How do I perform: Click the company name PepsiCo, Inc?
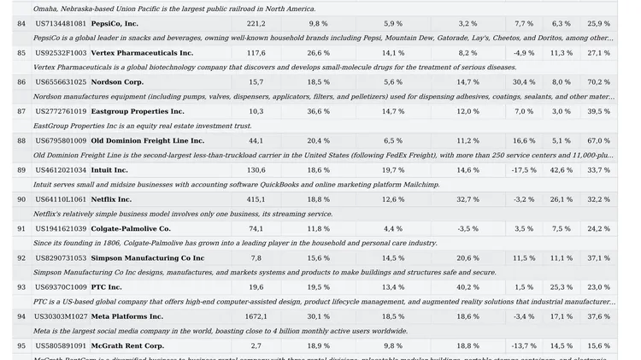tap(115, 24)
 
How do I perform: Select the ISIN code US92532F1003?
tap(61, 53)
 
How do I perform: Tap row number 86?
tap(21, 82)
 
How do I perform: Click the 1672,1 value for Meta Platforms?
tap(256, 316)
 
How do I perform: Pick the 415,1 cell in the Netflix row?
tap(256, 199)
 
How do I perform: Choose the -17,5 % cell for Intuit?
tap(524, 170)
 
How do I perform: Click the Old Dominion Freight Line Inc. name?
tap(147, 141)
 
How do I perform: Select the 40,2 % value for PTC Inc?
tap(468, 287)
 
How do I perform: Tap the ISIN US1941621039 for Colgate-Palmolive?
tap(61, 229)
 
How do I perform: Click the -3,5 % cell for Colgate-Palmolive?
tap(468, 229)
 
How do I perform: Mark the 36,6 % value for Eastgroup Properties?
tap(318, 111)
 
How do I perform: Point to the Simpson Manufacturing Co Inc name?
tap(147, 258)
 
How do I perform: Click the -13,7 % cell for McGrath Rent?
tap(524, 346)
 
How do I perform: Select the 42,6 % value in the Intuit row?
tap(562, 170)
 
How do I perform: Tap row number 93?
tap(21, 287)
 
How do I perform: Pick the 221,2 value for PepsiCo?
tap(256, 24)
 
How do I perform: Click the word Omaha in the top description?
tap(48, 9)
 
